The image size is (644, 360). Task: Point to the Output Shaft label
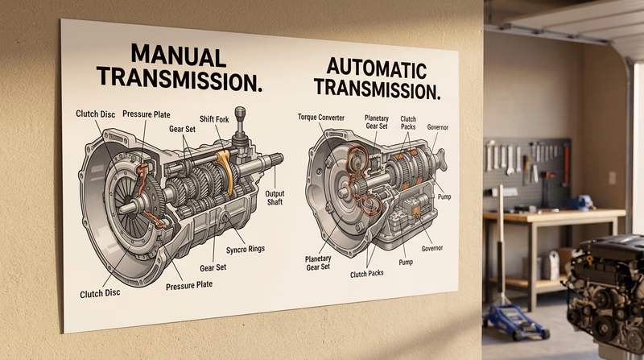coord(275,198)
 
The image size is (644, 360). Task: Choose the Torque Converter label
coord(321,118)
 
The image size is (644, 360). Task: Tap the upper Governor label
coord(438,126)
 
